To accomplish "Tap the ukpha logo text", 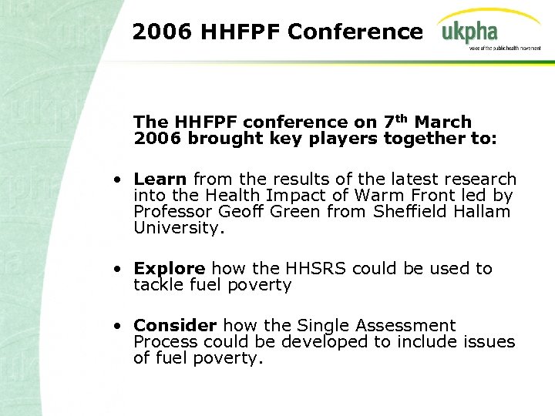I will [469, 32].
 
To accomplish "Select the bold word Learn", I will [160, 179].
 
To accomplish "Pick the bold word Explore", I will [169, 269].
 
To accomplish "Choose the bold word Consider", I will [173, 326].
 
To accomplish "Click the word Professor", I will [173, 212].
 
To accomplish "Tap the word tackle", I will [159, 285].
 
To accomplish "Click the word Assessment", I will [405, 326].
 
